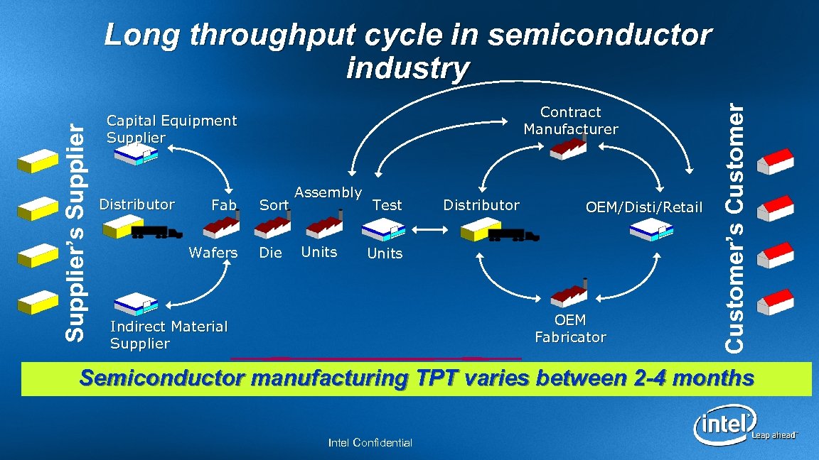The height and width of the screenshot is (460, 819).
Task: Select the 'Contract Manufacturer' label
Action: pyautogui.click(x=571, y=121)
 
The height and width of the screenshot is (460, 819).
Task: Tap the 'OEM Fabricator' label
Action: pyautogui.click(x=570, y=329)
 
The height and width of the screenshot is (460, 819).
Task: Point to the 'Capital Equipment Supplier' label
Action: pyautogui.click(x=171, y=129)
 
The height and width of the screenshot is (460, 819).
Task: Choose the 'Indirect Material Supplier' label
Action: pyautogui.click(x=168, y=335)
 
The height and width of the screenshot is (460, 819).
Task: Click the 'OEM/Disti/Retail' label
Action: pyautogui.click(x=643, y=207)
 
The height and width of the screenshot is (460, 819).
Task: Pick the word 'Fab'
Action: pyautogui.click(x=224, y=205)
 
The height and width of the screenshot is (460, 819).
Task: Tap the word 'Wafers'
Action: pyautogui.click(x=213, y=253)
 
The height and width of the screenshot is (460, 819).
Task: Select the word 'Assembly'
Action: pyautogui.click(x=328, y=192)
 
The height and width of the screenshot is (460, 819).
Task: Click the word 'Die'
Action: pyautogui.click(x=270, y=253)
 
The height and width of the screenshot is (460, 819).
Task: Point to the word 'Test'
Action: pyautogui.click(x=387, y=205)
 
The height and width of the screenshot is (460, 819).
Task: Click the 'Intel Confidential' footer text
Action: pyautogui.click(x=370, y=443)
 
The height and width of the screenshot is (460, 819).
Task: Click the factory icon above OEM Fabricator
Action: pyautogui.click(x=570, y=292)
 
